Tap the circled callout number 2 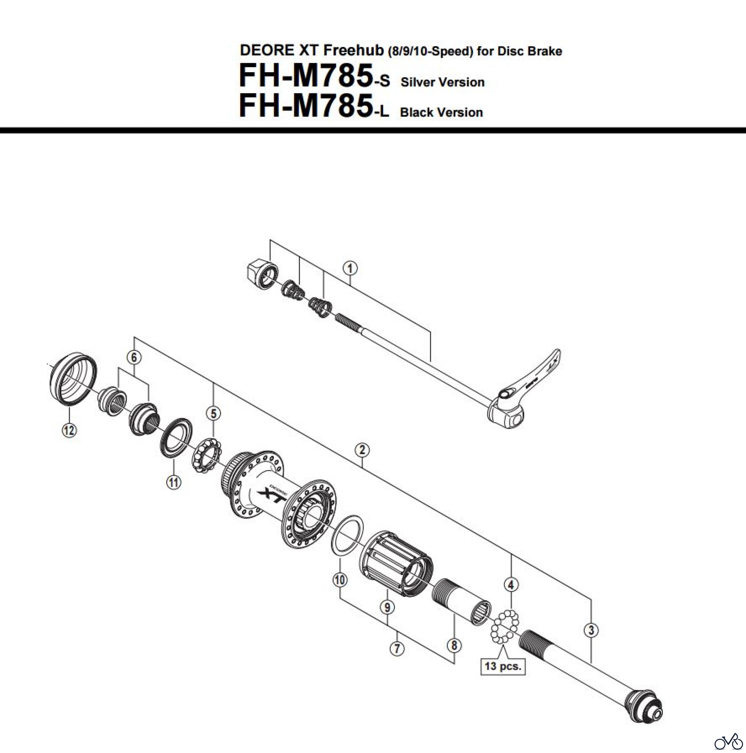pyautogui.click(x=362, y=450)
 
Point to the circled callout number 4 pyautogui.click(x=511, y=585)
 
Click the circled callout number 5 pyautogui.click(x=213, y=413)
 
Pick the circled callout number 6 pyautogui.click(x=134, y=357)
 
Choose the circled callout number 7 pyautogui.click(x=397, y=649)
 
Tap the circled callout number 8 pyautogui.click(x=454, y=645)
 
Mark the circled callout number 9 pyautogui.click(x=387, y=607)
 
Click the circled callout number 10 pyautogui.click(x=339, y=580)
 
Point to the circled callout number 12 pyautogui.click(x=69, y=430)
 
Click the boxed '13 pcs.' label pyautogui.click(x=503, y=666)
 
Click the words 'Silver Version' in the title pyautogui.click(x=442, y=82)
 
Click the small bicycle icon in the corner pyautogui.click(x=728, y=741)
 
